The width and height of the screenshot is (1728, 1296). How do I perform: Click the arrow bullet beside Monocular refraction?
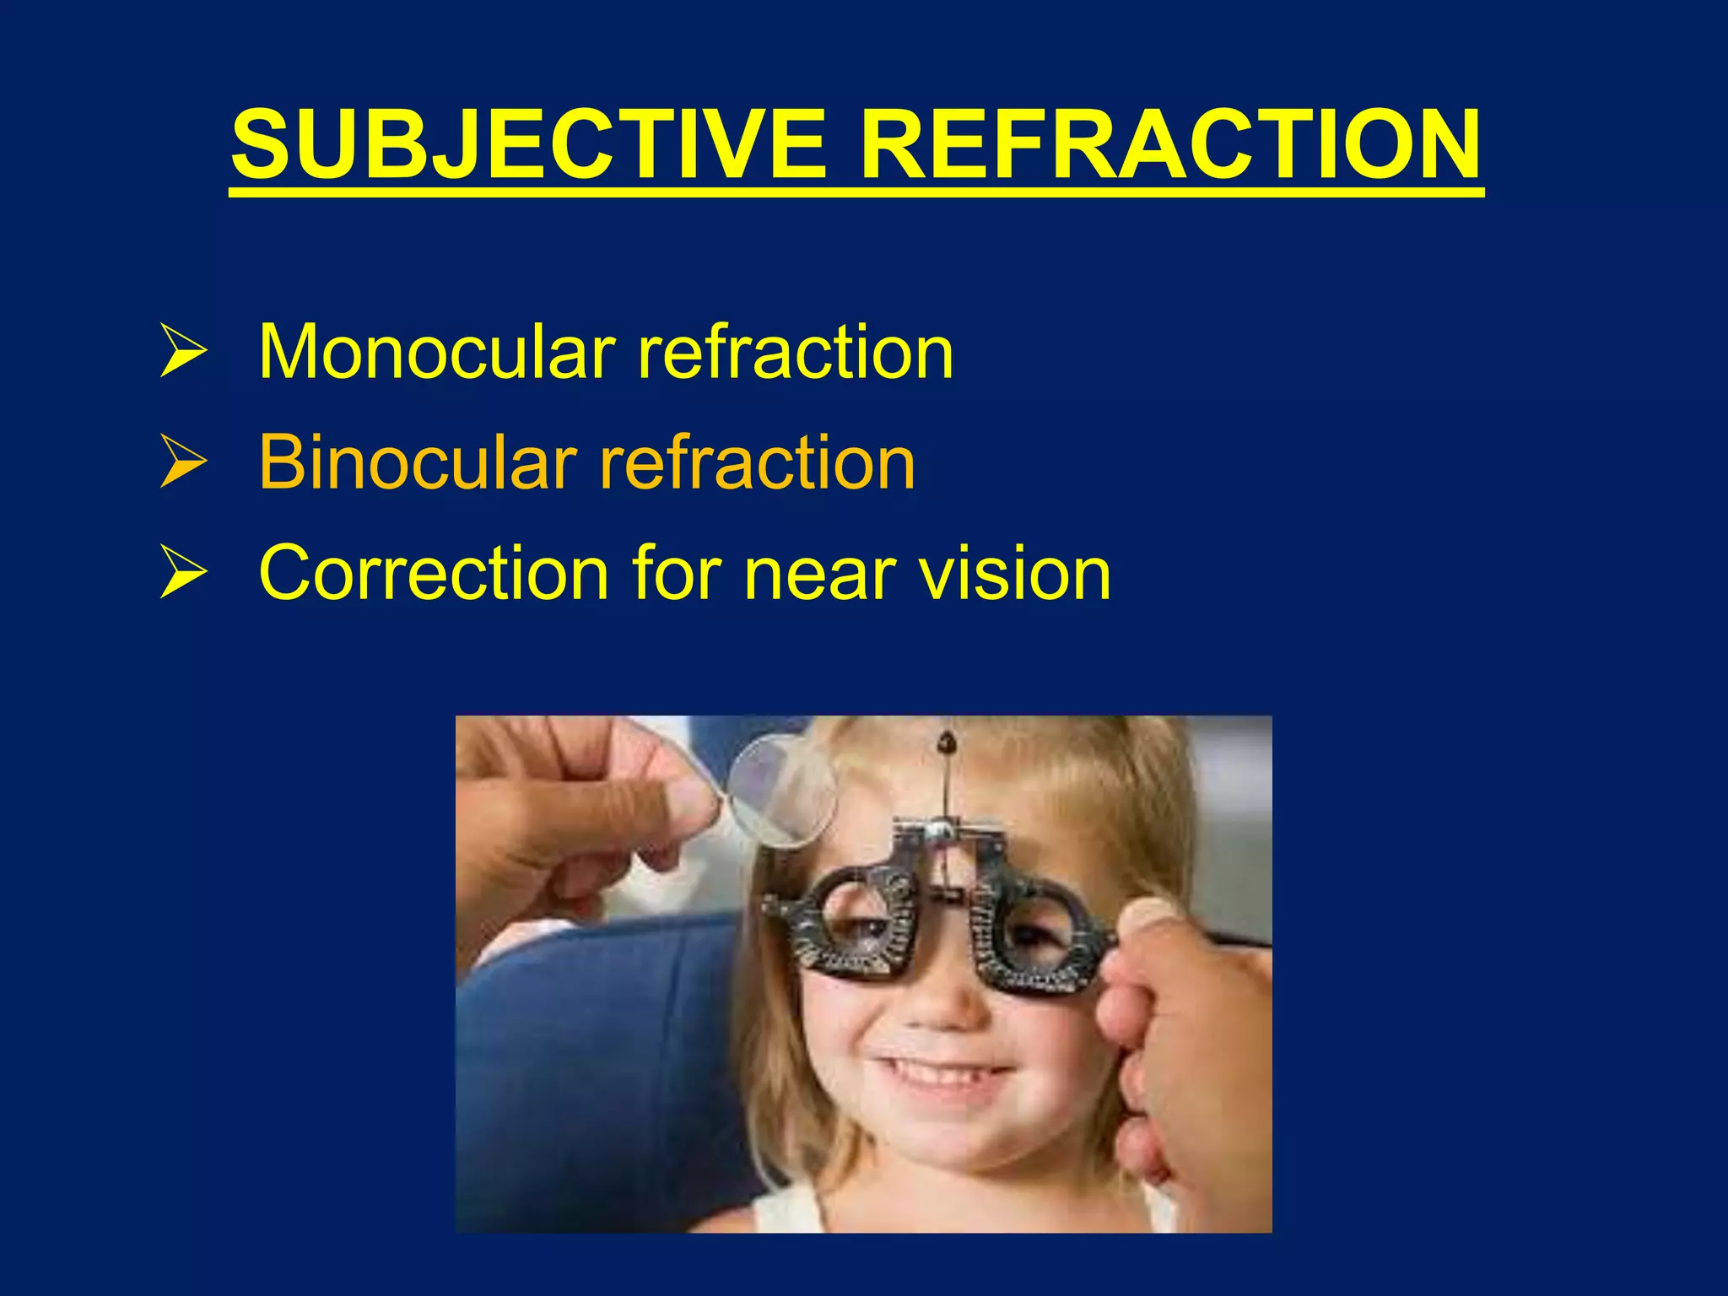(182, 353)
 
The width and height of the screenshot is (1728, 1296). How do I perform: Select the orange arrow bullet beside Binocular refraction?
(182, 463)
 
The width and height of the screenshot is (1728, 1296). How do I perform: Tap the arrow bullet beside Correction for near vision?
(182, 574)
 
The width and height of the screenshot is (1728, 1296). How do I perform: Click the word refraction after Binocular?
(757, 462)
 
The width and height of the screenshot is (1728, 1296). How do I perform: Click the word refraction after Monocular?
(796, 352)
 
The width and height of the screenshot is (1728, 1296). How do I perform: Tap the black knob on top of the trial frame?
(947, 743)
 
